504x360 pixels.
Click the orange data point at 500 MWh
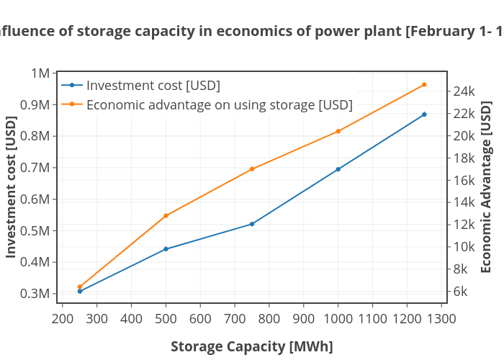coord(166,215)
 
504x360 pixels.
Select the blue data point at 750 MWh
coord(252,224)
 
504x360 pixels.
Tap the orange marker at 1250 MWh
coord(424,85)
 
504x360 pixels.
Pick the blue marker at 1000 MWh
coord(338,169)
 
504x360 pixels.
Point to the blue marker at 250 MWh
coord(80,291)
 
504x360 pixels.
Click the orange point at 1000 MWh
coord(338,131)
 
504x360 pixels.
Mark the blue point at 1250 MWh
coord(424,114)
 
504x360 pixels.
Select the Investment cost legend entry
coord(153,86)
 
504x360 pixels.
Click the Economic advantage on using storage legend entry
coord(219,104)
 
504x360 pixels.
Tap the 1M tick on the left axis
coord(40,73)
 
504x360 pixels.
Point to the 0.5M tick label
coord(35,230)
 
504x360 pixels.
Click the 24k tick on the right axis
coord(464,91)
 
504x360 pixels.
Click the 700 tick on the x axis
coord(234,318)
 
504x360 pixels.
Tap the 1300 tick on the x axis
coord(441,318)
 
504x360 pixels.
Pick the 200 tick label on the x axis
coord(62,318)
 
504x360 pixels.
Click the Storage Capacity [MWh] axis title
coord(251,346)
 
